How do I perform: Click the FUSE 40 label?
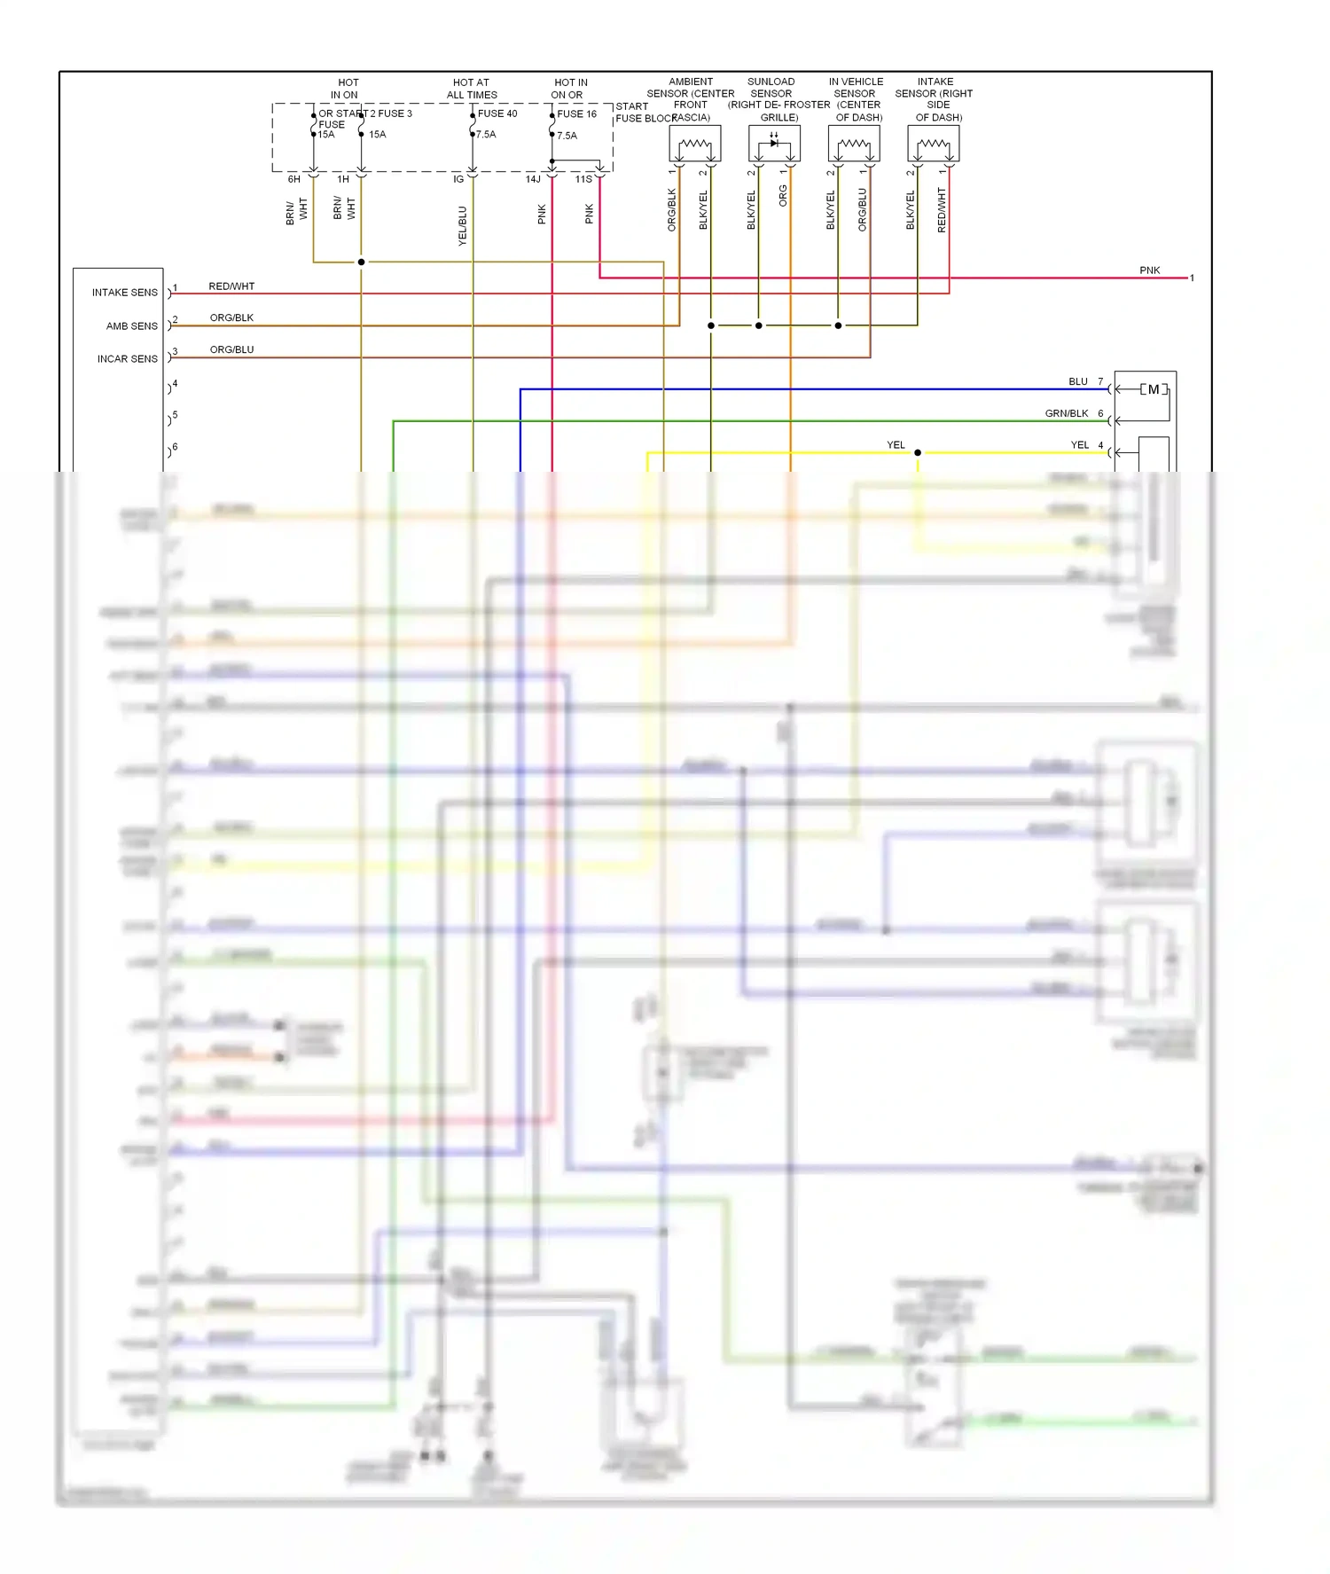(497, 114)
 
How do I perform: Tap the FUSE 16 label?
(577, 114)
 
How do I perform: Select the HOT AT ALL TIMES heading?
(472, 89)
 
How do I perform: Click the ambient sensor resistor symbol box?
(695, 144)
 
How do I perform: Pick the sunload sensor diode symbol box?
(774, 144)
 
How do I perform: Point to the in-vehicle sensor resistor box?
(854, 144)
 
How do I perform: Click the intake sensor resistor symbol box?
(934, 144)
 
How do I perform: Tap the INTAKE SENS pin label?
(125, 293)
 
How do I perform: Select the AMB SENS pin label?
(132, 326)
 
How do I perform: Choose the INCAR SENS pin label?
(128, 359)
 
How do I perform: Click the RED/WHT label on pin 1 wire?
(231, 286)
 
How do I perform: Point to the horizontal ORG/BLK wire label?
(231, 317)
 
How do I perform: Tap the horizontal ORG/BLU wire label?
(231, 349)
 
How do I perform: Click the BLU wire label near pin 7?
(1078, 381)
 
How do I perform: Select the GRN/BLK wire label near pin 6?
(1067, 413)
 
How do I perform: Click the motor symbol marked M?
(1154, 389)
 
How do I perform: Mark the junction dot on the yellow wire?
(918, 453)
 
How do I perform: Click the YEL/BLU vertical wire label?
(462, 225)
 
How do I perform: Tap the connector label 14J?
(533, 179)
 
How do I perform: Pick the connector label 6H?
(294, 179)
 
